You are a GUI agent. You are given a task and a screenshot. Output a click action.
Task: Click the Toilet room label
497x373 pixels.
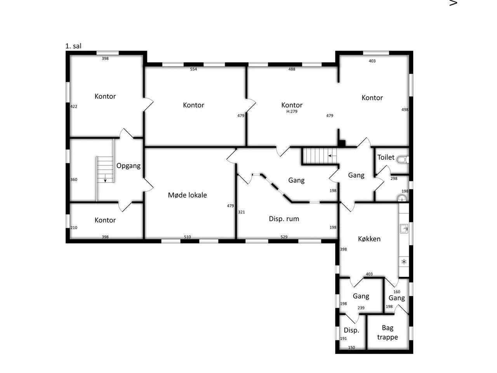click(x=386, y=157)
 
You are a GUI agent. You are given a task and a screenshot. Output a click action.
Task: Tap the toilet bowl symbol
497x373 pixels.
click(x=403, y=160)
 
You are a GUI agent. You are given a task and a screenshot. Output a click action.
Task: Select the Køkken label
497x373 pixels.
click(x=369, y=239)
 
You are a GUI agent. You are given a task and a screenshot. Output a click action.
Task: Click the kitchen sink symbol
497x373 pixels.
click(x=404, y=228)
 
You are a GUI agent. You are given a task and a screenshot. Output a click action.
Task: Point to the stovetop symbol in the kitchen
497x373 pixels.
click(x=404, y=262)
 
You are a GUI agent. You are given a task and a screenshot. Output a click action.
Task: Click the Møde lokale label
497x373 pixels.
click(x=187, y=195)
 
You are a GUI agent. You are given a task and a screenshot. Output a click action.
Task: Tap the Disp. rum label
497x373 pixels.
click(x=284, y=219)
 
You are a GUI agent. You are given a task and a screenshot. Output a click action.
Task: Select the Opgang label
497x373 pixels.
click(x=129, y=166)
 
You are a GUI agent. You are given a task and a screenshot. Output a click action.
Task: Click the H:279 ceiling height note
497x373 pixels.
click(x=292, y=112)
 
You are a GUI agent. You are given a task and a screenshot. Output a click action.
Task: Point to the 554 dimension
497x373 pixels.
click(x=193, y=69)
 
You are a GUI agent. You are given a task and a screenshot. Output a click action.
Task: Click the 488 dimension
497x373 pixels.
click(x=292, y=69)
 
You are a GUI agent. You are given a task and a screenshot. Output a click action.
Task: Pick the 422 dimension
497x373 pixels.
click(x=74, y=106)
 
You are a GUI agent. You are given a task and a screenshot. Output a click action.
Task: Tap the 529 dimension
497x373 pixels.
click(x=284, y=237)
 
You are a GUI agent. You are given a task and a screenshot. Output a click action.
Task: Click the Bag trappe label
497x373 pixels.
click(x=387, y=333)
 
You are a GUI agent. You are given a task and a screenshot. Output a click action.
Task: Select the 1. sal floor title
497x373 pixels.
click(x=73, y=46)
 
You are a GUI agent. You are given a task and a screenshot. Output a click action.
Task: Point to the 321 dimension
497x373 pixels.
click(x=241, y=212)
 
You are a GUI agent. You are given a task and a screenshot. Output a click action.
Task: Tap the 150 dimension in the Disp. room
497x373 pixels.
click(x=351, y=348)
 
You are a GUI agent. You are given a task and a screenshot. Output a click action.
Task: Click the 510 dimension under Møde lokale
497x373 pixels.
click(x=187, y=237)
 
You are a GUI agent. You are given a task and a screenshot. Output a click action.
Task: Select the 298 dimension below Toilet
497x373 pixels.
click(x=394, y=178)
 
